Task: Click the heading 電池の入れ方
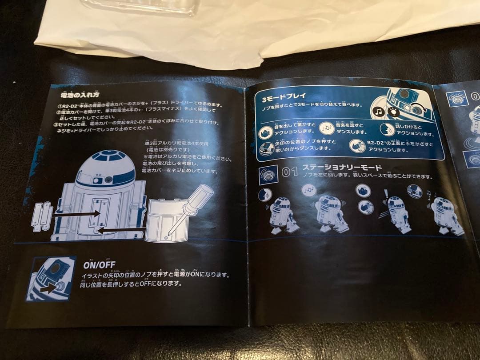(x=80, y=95)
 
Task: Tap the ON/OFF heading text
(x=99, y=264)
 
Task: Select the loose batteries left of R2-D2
(x=42, y=216)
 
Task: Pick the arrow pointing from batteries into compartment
(x=76, y=214)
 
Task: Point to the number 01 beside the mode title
(x=290, y=172)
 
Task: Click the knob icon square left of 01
(x=268, y=174)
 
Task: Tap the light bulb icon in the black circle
(x=393, y=111)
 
